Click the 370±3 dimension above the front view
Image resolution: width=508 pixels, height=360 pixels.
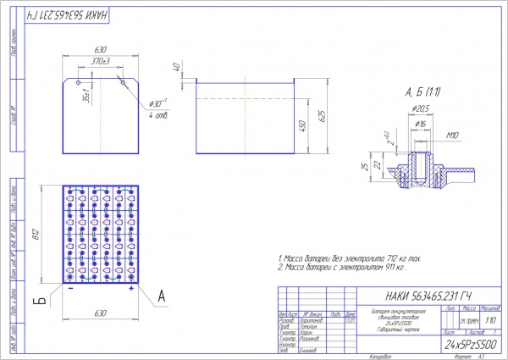pyautogui.click(x=101, y=62)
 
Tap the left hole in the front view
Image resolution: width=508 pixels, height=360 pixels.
pyautogui.click(x=79, y=82)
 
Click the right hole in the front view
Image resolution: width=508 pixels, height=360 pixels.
pyautogui.click(x=123, y=82)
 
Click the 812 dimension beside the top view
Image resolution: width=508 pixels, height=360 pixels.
pyautogui.click(x=36, y=235)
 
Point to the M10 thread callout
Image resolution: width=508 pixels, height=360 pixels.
pyautogui.click(x=450, y=134)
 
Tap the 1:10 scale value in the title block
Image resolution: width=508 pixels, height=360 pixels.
pyautogui.click(x=492, y=322)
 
